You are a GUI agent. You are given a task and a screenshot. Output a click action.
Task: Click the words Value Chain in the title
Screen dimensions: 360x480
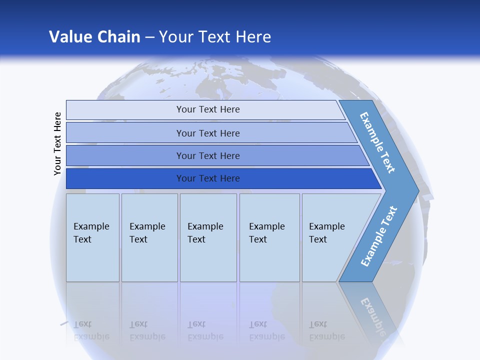94,37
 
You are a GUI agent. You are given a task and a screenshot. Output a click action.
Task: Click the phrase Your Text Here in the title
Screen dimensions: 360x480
215,37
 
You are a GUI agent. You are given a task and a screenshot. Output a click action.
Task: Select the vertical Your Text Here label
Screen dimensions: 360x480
57,143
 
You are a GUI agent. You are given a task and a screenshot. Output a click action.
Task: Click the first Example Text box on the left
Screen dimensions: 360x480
92,237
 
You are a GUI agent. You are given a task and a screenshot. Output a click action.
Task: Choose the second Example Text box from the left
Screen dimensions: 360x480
149,237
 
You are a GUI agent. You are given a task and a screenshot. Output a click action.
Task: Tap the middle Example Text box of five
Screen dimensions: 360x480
208,237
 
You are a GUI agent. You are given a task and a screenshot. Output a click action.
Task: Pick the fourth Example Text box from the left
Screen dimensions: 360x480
269,237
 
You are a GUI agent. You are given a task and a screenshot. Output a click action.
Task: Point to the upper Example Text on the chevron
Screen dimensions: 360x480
378,142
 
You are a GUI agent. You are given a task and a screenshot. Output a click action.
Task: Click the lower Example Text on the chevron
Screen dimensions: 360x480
379,236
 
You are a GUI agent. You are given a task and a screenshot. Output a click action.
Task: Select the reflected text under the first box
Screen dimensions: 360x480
91,330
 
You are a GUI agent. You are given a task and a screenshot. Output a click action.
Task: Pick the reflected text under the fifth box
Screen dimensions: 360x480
326,330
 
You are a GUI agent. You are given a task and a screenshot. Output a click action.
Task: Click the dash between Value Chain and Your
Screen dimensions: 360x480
149,37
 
